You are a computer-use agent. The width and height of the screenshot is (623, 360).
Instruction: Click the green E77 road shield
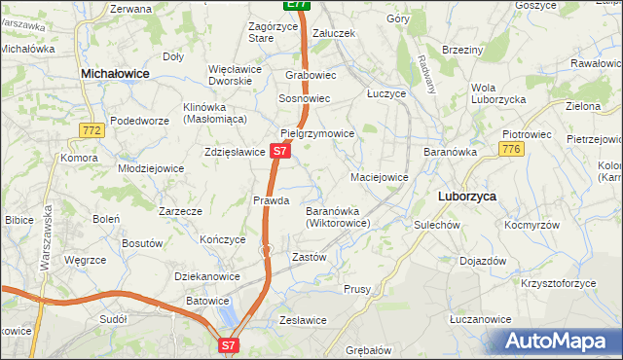(x=298, y=5)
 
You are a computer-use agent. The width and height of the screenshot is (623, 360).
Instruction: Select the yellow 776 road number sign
(x=510, y=149)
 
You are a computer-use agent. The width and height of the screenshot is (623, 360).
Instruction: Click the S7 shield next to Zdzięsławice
(x=279, y=152)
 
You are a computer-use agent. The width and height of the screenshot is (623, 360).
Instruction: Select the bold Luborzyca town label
(x=467, y=196)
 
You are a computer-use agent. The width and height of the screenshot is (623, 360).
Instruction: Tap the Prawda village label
(x=272, y=200)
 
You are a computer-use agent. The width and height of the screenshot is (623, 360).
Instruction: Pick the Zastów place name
(x=309, y=258)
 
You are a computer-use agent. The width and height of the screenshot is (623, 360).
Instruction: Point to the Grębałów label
(x=368, y=349)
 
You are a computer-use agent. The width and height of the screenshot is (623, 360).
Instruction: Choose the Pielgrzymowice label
(x=316, y=133)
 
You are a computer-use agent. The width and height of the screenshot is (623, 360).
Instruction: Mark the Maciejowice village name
(x=379, y=178)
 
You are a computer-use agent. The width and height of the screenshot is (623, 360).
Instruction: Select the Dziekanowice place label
(x=207, y=276)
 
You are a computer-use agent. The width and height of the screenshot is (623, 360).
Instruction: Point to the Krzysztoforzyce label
(x=558, y=283)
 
